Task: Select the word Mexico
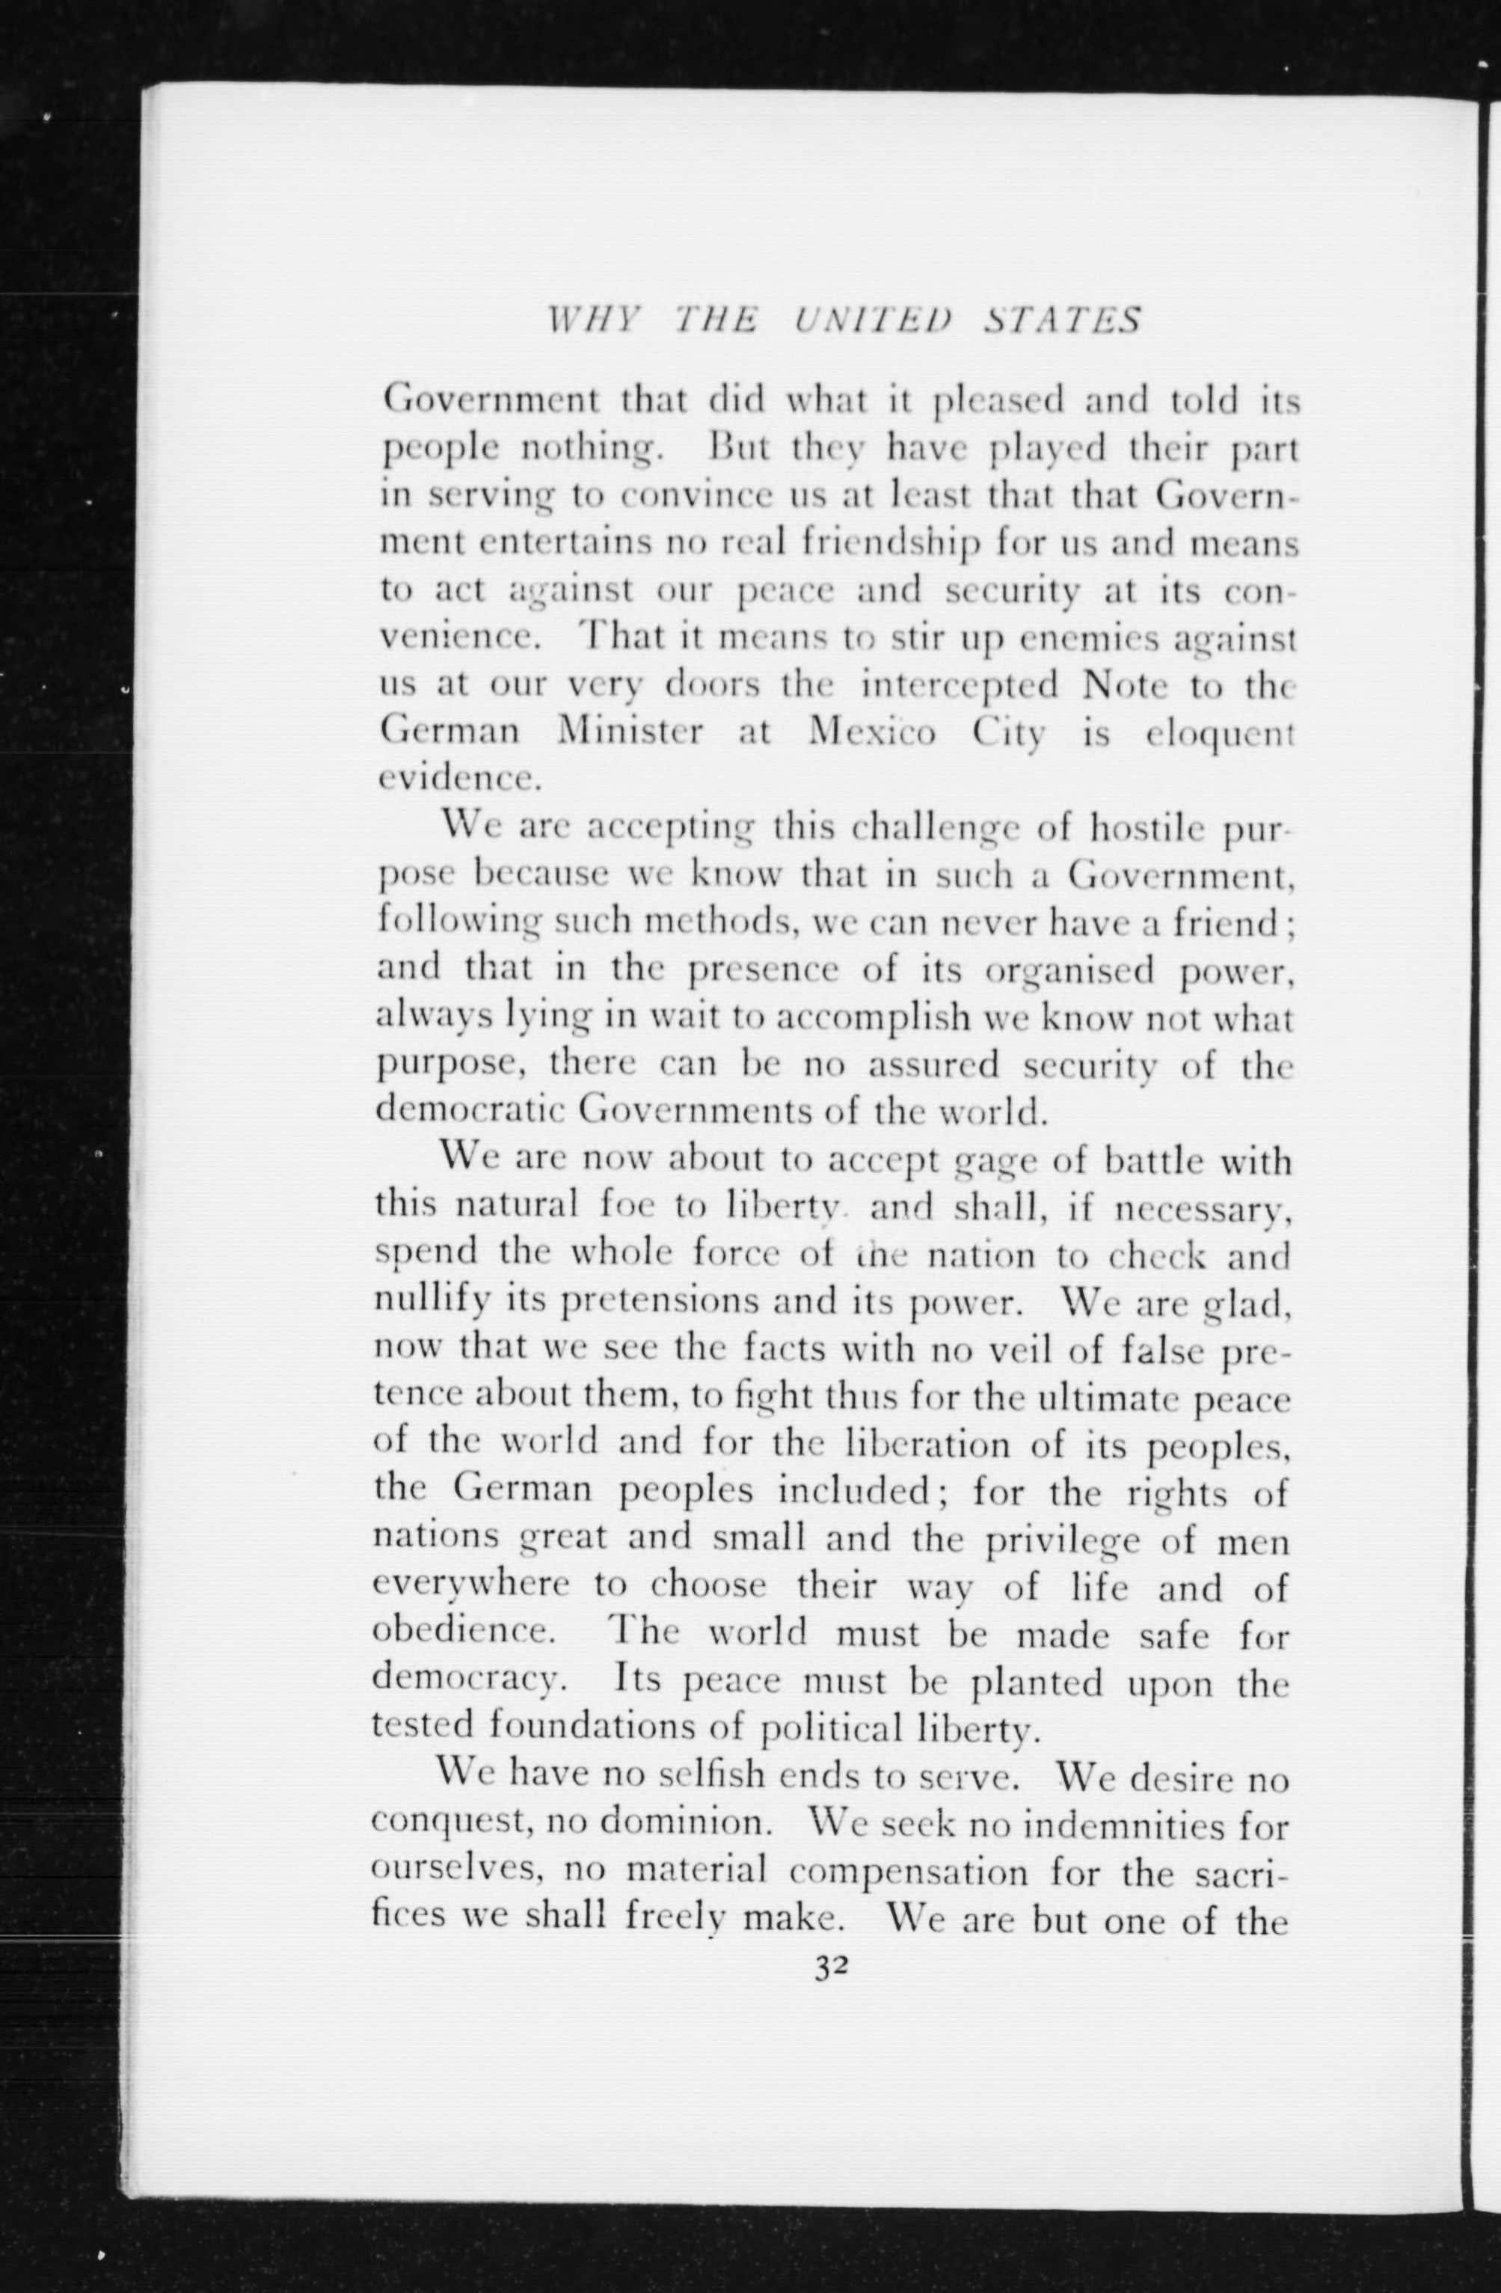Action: [x=872, y=733]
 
